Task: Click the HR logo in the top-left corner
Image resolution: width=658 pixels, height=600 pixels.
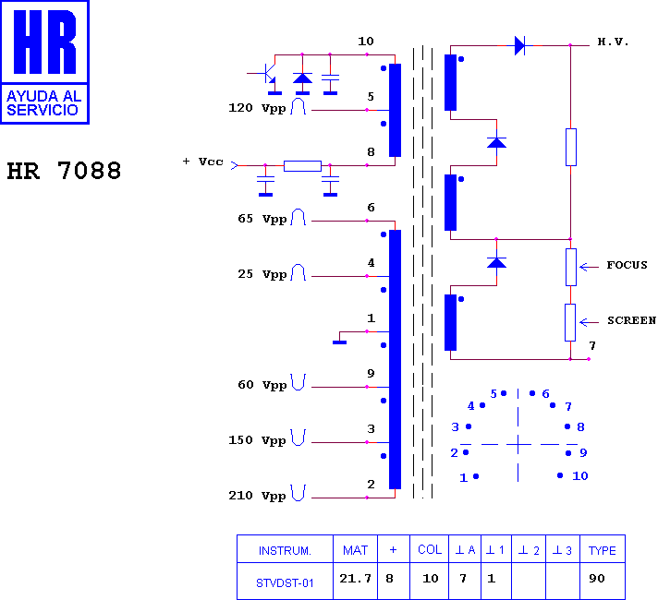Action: [44, 62]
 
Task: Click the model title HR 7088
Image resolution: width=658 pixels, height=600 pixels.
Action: [64, 171]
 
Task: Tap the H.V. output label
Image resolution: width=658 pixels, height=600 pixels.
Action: [613, 42]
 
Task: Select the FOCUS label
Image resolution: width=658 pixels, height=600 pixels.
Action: [627, 265]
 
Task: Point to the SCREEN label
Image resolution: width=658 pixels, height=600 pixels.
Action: [631, 320]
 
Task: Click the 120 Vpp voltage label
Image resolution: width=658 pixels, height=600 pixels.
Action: [257, 108]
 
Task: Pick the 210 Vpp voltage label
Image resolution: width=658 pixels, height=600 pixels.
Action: [257, 496]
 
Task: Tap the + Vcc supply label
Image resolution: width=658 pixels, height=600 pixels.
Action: [203, 162]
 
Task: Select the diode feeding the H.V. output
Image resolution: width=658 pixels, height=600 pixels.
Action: [520, 45]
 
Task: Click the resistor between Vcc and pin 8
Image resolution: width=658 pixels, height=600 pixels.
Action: [302, 166]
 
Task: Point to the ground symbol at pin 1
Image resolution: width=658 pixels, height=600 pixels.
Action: [339, 342]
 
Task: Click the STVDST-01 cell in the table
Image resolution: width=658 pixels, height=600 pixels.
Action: [285, 582]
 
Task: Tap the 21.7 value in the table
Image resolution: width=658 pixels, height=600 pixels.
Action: [356, 579]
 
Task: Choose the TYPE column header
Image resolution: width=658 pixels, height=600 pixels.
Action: [603, 550]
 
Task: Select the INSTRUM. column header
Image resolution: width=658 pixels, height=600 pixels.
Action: [285, 550]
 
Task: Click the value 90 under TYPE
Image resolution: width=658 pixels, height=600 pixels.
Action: [597, 579]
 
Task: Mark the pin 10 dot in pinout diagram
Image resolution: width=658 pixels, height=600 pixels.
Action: [560, 475]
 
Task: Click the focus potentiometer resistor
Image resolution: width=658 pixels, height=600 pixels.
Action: [571, 267]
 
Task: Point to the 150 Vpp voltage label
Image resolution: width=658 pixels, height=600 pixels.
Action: [257, 440]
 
